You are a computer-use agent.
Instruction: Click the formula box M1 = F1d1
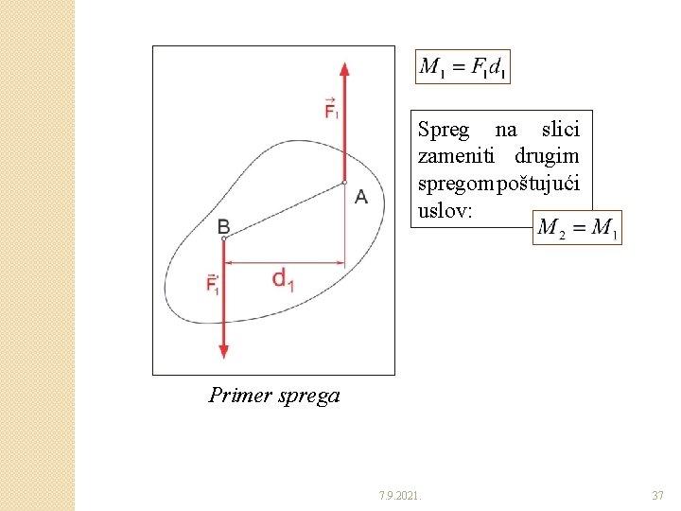(x=463, y=66)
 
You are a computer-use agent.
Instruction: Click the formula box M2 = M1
(x=577, y=227)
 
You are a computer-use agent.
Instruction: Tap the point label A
(x=361, y=197)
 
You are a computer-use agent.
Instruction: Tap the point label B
(x=223, y=225)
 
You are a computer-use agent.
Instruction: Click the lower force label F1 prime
(x=213, y=284)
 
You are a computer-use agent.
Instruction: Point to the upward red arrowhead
(x=344, y=69)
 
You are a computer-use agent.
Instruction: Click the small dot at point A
(x=344, y=182)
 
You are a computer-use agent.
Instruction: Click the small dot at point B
(x=223, y=238)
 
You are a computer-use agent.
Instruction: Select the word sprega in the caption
(x=309, y=396)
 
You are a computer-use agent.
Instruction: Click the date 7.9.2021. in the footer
(x=401, y=495)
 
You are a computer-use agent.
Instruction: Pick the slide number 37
(x=658, y=495)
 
